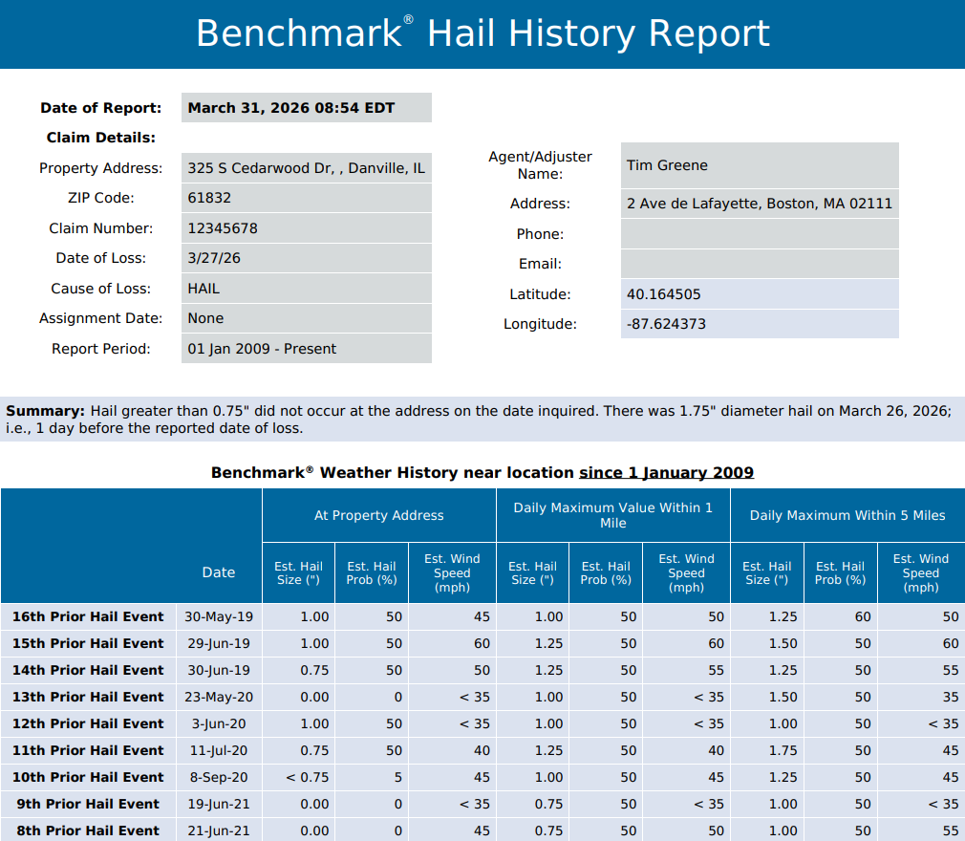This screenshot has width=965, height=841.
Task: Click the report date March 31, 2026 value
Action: coord(291,108)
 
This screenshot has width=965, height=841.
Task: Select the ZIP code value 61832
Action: coord(209,198)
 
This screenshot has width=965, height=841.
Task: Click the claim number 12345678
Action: coord(223,228)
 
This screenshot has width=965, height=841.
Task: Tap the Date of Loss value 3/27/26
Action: coord(214,258)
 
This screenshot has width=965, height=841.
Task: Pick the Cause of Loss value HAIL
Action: coord(204,288)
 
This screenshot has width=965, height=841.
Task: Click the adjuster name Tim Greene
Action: coord(667,165)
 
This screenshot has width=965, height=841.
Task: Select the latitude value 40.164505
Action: coord(663,294)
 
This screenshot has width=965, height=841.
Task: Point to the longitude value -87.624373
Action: coord(666,324)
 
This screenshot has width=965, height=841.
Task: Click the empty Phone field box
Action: coord(760,234)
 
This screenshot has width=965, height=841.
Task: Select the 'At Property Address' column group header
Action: coord(378,515)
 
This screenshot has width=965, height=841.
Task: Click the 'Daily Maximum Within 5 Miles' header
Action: coord(847,515)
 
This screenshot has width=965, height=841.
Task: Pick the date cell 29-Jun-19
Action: coord(218,643)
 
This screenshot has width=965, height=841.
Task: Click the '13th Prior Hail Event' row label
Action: coord(88,697)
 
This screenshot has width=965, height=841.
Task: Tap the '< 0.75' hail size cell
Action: coord(308,777)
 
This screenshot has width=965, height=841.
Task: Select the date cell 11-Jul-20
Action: coord(218,750)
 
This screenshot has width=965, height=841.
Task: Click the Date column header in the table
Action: coord(218,572)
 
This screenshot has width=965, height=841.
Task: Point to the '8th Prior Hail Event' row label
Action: coord(88,830)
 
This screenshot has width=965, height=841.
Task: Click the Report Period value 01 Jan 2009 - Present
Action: coord(262,349)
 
